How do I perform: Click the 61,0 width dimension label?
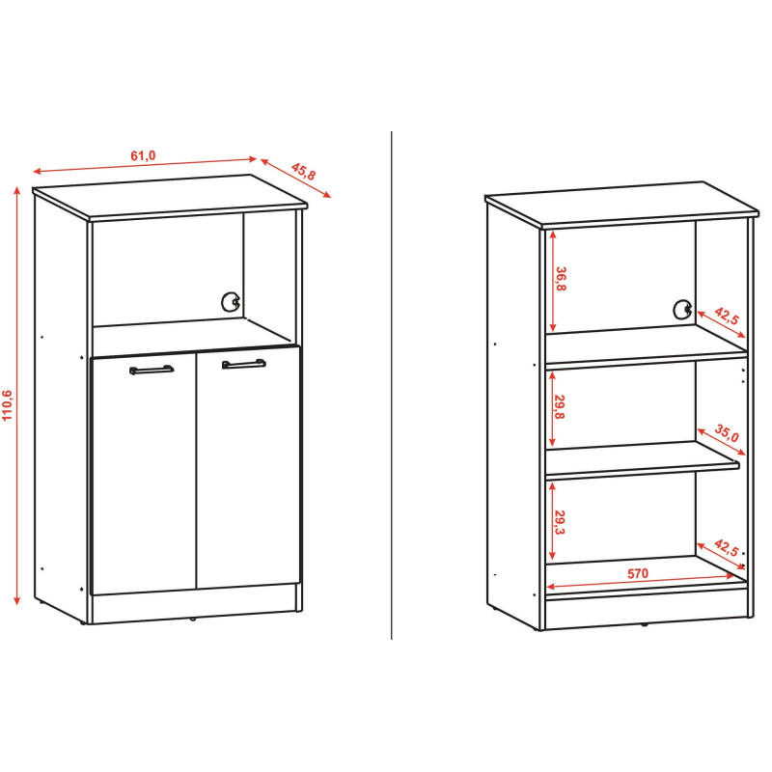(x=143, y=155)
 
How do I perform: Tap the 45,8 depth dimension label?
(x=303, y=171)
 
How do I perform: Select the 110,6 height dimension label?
(x=7, y=405)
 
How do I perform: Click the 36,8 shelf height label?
(x=561, y=279)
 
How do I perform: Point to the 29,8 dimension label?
(x=560, y=406)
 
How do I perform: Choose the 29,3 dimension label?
(x=560, y=522)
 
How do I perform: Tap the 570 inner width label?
(x=638, y=573)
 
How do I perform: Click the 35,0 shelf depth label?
(x=727, y=433)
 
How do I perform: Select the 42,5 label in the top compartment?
(x=727, y=316)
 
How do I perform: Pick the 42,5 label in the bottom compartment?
(x=727, y=548)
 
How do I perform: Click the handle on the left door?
(x=152, y=370)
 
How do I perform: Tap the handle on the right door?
(x=244, y=364)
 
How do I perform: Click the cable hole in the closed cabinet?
(x=231, y=302)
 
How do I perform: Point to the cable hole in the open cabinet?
(x=682, y=309)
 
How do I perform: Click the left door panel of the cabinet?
(x=144, y=474)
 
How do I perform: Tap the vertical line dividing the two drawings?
(x=392, y=385)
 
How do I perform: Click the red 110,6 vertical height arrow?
(x=17, y=396)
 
